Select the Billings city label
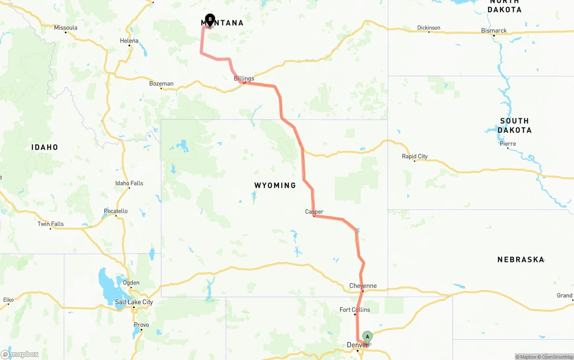(x=244, y=78)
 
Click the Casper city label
(x=314, y=212)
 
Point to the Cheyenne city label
(x=363, y=286)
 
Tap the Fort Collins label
(x=355, y=310)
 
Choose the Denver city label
(x=357, y=345)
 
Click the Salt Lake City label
(x=134, y=302)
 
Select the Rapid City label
(x=415, y=156)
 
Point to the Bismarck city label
(x=494, y=30)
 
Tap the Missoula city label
(x=65, y=28)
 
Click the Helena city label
(x=129, y=41)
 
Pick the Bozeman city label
(x=161, y=84)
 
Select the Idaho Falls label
(x=129, y=183)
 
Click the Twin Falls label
(x=51, y=224)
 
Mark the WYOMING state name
(x=275, y=185)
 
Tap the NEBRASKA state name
(x=521, y=260)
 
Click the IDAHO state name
(x=44, y=147)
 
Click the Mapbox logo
(x=19, y=354)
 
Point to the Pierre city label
(x=508, y=144)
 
